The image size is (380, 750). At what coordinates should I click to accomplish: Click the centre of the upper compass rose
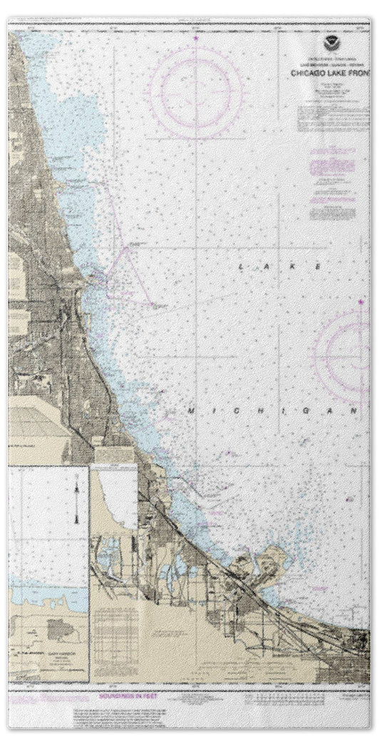(195, 91)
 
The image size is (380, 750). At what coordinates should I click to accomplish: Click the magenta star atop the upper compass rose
(195, 38)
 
